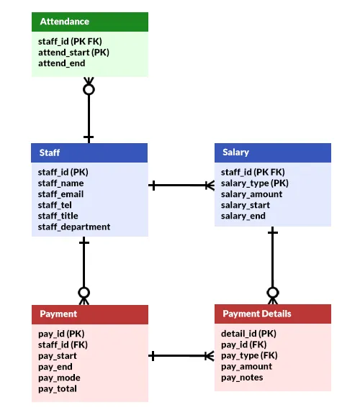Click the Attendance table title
click(64, 22)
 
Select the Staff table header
click(89, 152)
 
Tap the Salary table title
click(235, 152)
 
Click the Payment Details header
click(273, 314)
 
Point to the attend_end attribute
click(61, 63)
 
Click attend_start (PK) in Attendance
click(73, 53)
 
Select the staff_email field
click(60, 194)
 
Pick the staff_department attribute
click(74, 227)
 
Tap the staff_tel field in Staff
click(55, 205)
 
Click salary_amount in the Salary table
click(252, 194)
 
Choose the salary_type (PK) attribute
click(255, 183)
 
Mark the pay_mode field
click(59, 378)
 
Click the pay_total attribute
click(58, 389)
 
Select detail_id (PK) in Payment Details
click(248, 334)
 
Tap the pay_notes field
click(242, 378)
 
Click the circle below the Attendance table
click(89, 89)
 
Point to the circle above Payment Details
click(273, 293)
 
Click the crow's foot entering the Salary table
click(210, 186)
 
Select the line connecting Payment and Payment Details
click(181, 356)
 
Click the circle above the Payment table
click(84, 293)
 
